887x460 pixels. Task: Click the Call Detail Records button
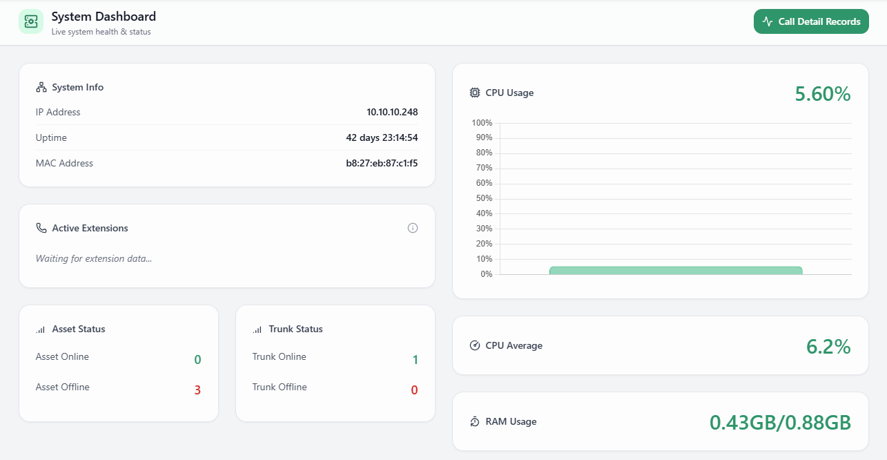tap(811, 21)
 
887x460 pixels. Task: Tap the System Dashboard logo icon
tap(31, 21)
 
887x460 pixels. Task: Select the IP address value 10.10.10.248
tap(392, 112)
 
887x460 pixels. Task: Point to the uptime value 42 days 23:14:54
tap(382, 137)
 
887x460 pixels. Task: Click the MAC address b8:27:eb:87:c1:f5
tap(382, 164)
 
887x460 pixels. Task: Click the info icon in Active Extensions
tap(413, 228)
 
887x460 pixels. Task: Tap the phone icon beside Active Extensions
tap(41, 228)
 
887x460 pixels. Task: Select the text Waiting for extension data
tap(94, 258)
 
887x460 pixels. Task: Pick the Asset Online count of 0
tap(197, 360)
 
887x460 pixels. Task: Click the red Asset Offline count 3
tap(197, 390)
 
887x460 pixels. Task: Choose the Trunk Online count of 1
tap(415, 360)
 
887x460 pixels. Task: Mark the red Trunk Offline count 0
tap(414, 390)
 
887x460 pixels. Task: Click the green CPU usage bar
tap(676, 271)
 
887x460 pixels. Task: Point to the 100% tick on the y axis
tap(482, 123)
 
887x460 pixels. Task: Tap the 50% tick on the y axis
tap(484, 198)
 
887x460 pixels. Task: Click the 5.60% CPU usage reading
tap(822, 94)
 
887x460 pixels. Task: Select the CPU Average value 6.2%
tap(828, 347)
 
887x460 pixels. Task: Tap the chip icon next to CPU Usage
tap(475, 93)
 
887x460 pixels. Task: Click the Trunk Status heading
tap(295, 329)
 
